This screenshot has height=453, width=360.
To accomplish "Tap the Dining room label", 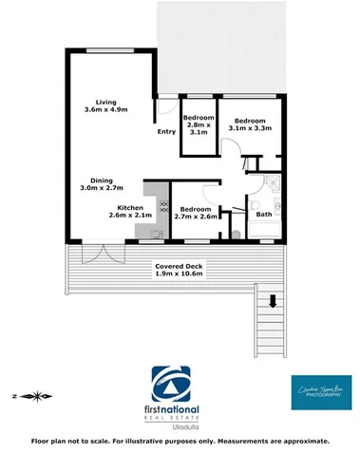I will click(x=101, y=181).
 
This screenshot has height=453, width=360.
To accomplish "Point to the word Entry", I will click(x=167, y=132).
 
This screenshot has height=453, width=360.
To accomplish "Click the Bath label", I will click(x=263, y=215).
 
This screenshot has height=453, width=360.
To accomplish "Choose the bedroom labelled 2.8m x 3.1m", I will click(x=199, y=125).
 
